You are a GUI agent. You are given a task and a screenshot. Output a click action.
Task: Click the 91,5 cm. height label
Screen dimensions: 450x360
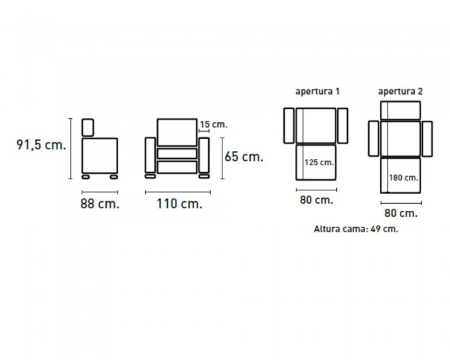pos(41,145)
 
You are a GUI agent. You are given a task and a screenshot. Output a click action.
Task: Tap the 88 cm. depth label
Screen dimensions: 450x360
pos(100,204)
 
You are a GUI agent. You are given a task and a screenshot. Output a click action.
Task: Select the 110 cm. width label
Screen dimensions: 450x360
pos(179,204)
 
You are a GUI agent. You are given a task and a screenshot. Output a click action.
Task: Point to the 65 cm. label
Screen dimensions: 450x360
pos(244,157)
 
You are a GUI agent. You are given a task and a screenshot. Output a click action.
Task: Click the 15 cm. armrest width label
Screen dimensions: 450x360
pos(213,125)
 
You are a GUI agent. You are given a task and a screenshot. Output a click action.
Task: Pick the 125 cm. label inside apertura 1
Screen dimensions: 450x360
pos(319,163)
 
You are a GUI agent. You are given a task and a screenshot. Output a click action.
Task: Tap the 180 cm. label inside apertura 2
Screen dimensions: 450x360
pos(404,177)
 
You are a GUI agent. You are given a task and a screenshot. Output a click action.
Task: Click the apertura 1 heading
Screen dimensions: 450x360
pos(318,91)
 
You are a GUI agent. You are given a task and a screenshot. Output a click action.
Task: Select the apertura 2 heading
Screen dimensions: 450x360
pos(401,91)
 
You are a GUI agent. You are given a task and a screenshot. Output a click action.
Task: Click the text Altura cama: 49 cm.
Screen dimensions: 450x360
pos(356,229)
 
